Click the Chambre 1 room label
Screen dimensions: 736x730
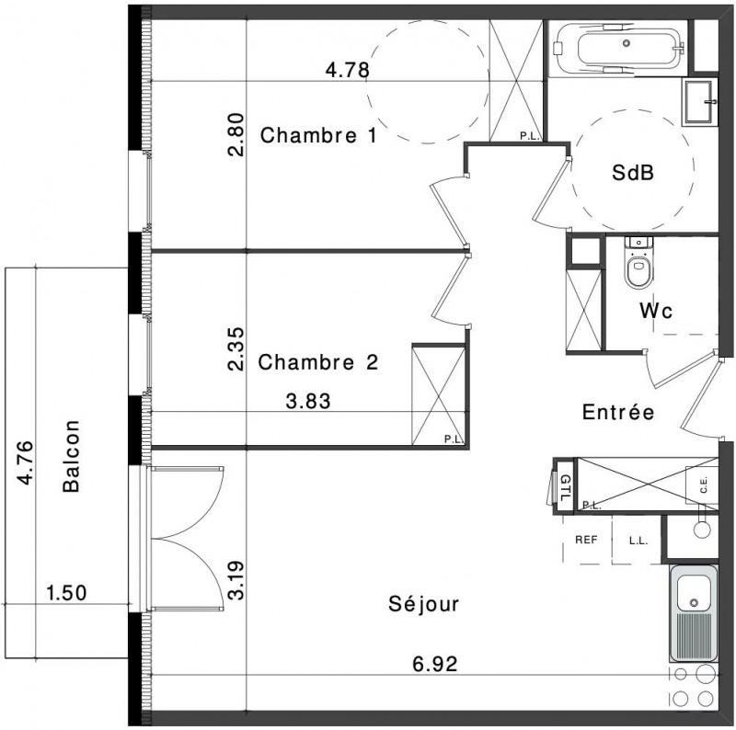tap(318, 135)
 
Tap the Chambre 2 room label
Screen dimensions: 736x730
tap(317, 362)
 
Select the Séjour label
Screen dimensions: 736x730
tap(423, 604)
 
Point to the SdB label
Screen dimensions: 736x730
tap(633, 173)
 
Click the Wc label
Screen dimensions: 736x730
tap(656, 311)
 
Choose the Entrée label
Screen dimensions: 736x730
tap(618, 412)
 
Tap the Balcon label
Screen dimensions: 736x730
tap(72, 456)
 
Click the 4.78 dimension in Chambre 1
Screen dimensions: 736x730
tap(348, 71)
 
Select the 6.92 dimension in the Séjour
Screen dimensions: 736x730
tap(434, 664)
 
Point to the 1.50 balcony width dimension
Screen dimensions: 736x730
tap(66, 593)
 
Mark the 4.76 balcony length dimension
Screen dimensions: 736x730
tap(25, 462)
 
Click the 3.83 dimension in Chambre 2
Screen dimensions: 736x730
tap(308, 401)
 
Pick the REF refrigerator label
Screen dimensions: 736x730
tap(586, 540)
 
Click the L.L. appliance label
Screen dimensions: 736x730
tap(638, 541)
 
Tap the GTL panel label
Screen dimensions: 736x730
tap(566, 488)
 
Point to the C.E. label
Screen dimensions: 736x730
tap(704, 485)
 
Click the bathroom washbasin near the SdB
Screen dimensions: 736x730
tap(699, 102)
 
